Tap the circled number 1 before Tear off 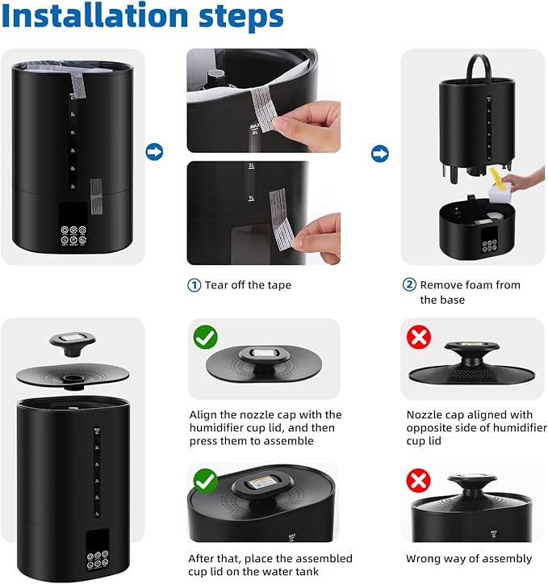194,285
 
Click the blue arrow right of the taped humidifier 153,152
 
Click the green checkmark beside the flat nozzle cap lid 204,337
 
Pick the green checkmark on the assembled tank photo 204,482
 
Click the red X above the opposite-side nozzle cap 418,337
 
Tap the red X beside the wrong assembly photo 418,482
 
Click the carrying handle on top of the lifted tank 473,66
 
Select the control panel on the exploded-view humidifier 96,550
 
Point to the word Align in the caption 204,414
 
